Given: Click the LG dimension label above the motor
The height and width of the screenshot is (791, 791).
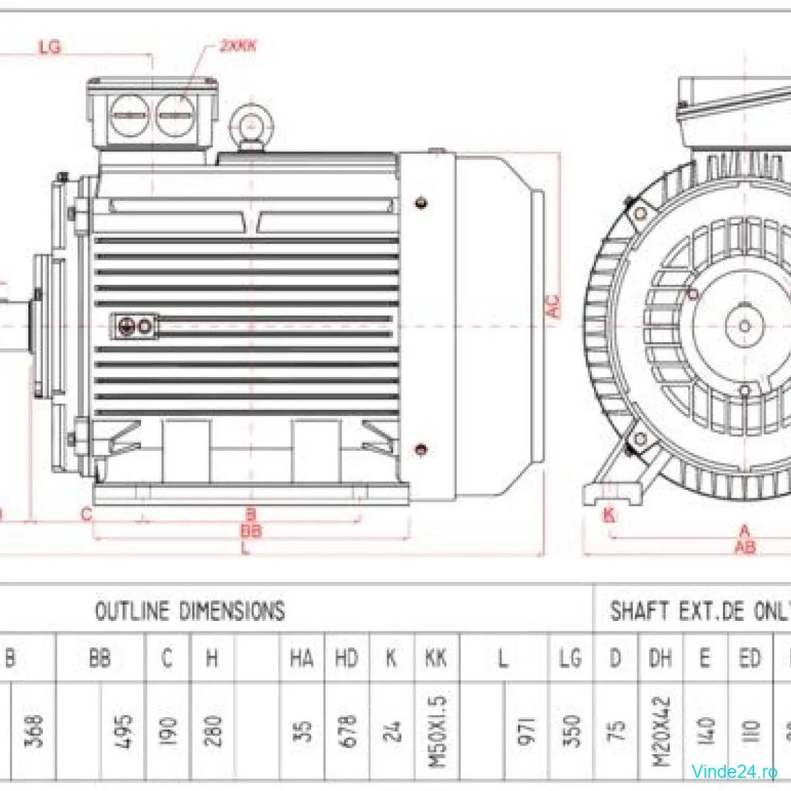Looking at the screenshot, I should (50, 47).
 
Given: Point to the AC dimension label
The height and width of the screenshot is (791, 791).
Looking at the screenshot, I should (553, 307).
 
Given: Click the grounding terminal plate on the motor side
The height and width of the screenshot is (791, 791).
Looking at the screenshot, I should (135, 326).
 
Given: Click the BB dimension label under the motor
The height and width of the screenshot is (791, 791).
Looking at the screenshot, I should (250, 531).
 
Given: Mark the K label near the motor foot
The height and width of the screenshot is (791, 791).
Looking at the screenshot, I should (608, 515).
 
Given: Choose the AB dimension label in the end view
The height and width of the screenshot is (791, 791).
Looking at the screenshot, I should (745, 546).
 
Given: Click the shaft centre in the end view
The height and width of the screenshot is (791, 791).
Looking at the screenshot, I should (745, 326).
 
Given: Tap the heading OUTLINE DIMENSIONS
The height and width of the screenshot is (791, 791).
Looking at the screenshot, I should (190, 611).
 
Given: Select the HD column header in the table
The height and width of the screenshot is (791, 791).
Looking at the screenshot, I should (347, 658).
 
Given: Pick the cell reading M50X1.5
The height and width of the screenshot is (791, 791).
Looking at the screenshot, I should (437, 731).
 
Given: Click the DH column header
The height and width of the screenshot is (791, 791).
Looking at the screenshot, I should (660, 658).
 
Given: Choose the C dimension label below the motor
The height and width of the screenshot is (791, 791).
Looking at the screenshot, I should (86, 515).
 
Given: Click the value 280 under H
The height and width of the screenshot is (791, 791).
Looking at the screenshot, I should (213, 731).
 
